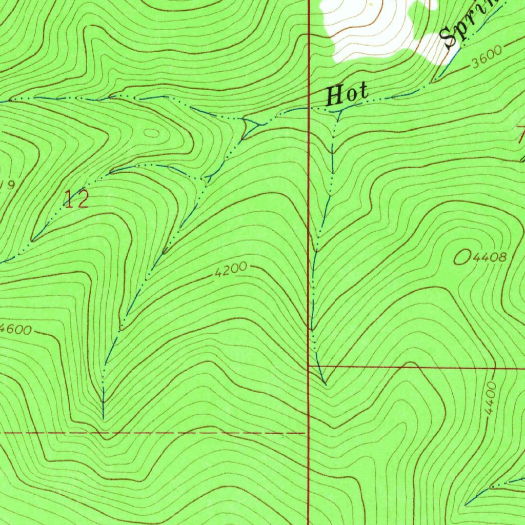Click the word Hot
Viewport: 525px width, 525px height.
[x=348, y=95]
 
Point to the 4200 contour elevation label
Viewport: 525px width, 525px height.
[x=231, y=270]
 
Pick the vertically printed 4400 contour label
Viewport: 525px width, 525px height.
[x=491, y=398]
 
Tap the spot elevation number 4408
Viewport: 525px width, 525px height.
[x=490, y=257]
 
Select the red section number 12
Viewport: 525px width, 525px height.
[x=76, y=199]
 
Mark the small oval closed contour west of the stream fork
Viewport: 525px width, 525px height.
[x=152, y=132]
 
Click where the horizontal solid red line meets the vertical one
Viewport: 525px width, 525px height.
[x=309, y=367]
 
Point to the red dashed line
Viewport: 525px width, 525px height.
[x=154, y=433]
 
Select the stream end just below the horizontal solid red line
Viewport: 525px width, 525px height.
[x=324, y=382]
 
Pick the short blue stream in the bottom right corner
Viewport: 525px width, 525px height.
[x=492, y=487]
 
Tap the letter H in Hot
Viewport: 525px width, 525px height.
[x=334, y=95]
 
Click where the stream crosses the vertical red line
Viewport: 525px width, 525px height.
[x=309, y=108]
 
